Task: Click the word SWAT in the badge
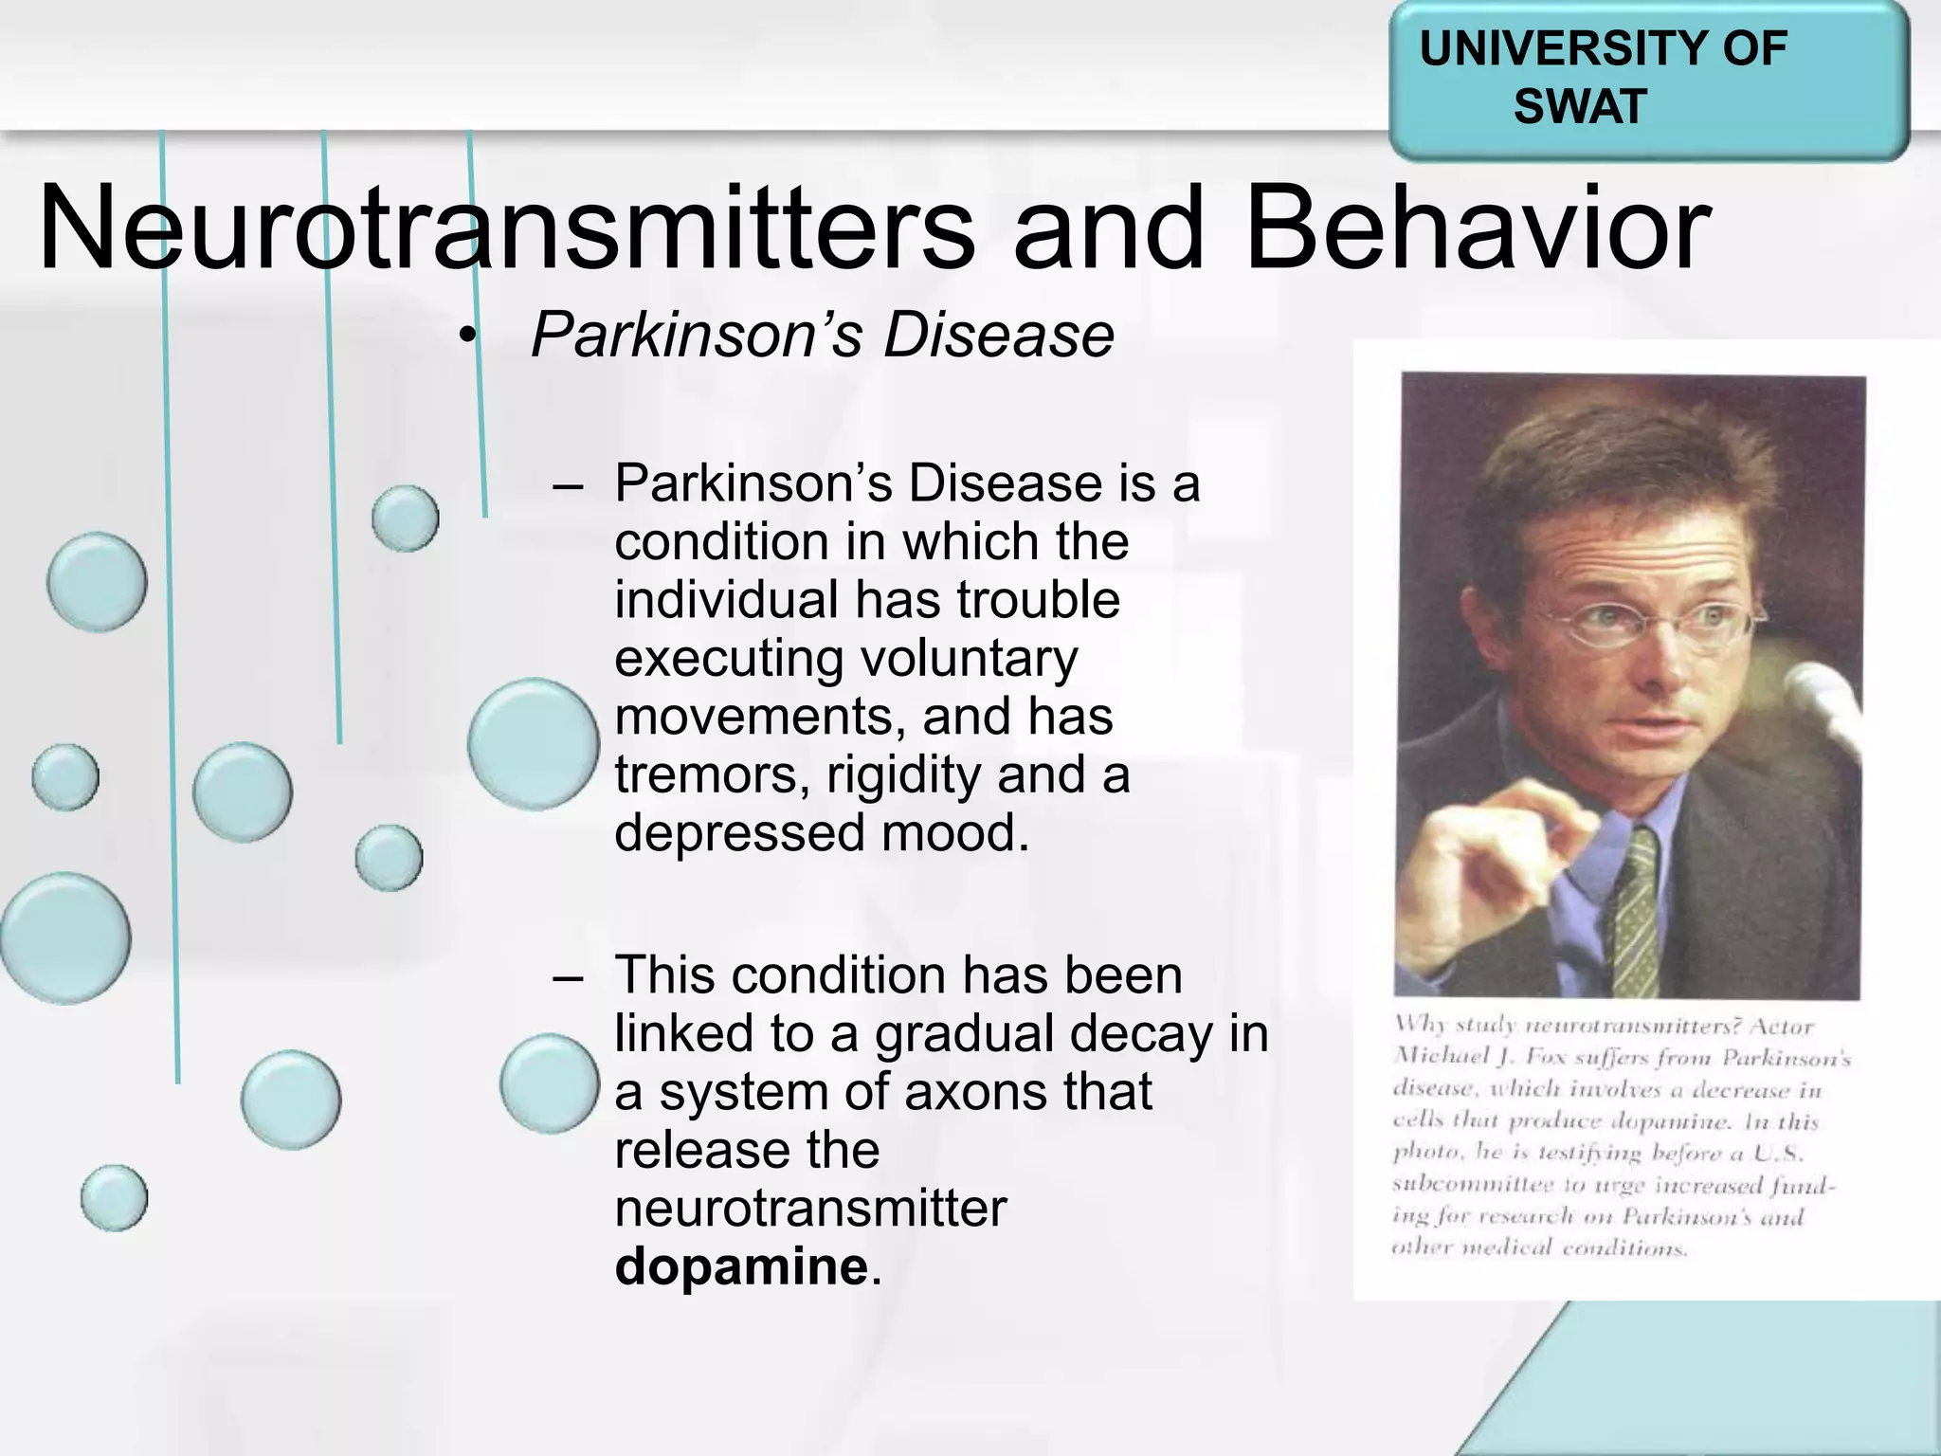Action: coord(1579,105)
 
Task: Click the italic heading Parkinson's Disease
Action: coord(822,335)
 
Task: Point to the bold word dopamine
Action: coord(741,1266)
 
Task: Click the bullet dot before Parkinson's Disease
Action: coord(464,337)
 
